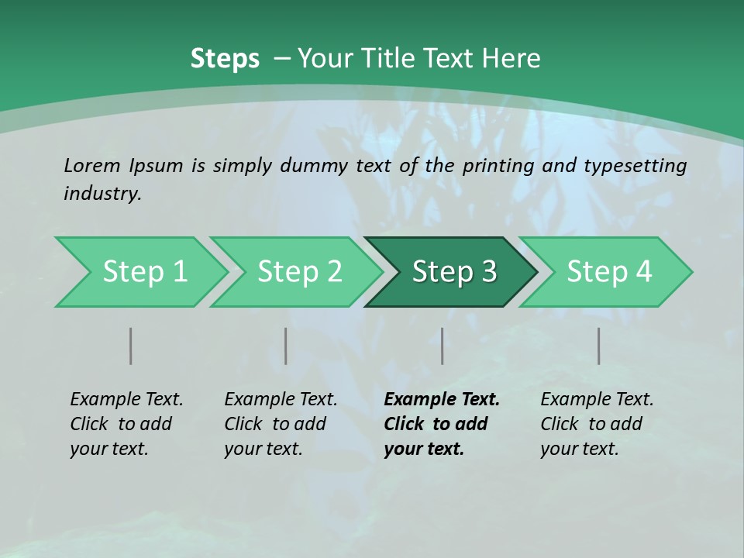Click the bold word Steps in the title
click(x=225, y=59)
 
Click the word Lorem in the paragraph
click(x=92, y=165)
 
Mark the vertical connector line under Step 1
click(x=131, y=346)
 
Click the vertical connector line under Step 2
click(x=286, y=346)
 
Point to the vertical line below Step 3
click(x=443, y=346)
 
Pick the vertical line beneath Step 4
click(x=599, y=346)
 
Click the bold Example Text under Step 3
click(x=442, y=399)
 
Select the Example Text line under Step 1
click(x=126, y=399)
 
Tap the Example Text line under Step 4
click(x=597, y=399)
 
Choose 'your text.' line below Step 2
click(x=263, y=449)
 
